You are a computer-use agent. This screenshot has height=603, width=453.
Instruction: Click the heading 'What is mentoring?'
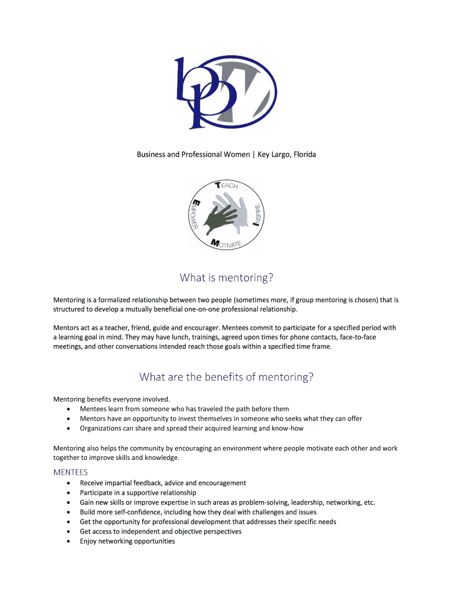(226, 277)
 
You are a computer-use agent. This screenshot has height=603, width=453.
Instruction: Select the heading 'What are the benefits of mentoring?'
(226, 377)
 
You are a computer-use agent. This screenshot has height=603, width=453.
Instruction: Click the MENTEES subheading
(71, 472)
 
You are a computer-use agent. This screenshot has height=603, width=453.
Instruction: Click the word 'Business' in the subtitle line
(152, 155)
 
